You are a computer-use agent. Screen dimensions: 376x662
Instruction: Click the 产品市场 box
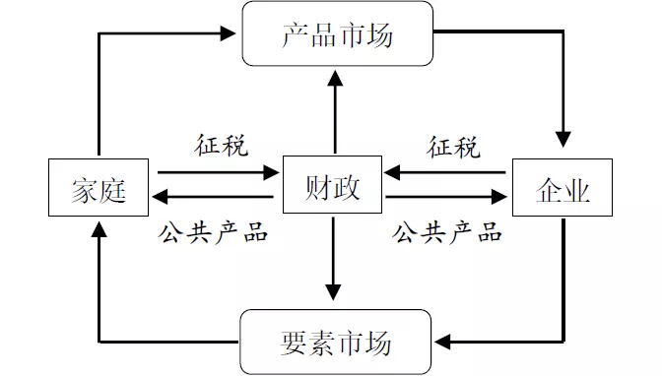pyautogui.click(x=337, y=34)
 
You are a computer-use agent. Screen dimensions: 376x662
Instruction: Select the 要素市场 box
pyautogui.click(x=337, y=342)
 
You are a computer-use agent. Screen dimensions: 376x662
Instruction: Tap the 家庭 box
pyautogui.click(x=99, y=188)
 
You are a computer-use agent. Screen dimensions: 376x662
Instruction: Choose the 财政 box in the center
pyautogui.click(x=334, y=184)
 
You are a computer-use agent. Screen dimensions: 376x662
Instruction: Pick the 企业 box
pyautogui.click(x=564, y=188)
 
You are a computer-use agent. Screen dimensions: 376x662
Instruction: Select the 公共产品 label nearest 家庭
pyautogui.click(x=214, y=233)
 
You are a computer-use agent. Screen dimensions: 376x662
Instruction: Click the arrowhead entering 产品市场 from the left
pyautogui.click(x=233, y=34)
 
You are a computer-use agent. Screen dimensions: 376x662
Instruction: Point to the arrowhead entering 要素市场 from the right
pyautogui.click(x=444, y=342)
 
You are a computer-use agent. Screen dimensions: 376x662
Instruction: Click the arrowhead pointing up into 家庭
pyautogui.click(x=99, y=228)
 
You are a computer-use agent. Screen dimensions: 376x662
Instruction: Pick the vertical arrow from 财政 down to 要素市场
pyautogui.click(x=334, y=256)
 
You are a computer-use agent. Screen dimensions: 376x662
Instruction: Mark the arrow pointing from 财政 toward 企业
pyautogui.click(x=448, y=198)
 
